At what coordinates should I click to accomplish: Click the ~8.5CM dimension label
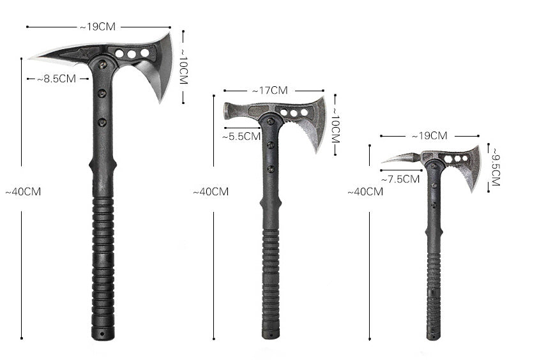click(56, 79)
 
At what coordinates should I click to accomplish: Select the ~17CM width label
click(269, 91)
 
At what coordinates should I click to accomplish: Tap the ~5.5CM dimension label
click(241, 136)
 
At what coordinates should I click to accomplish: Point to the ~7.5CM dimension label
click(400, 179)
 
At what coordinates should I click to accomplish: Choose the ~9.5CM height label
click(496, 167)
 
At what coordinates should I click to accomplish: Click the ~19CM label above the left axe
click(98, 27)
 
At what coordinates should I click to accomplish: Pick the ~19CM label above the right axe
click(429, 135)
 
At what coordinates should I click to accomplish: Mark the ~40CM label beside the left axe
click(23, 191)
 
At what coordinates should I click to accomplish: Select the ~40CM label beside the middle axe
click(211, 191)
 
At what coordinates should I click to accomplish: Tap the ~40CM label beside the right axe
click(365, 191)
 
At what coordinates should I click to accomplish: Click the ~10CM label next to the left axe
click(183, 66)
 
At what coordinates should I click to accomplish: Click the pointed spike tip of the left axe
click(32, 58)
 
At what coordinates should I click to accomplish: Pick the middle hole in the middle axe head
click(294, 113)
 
